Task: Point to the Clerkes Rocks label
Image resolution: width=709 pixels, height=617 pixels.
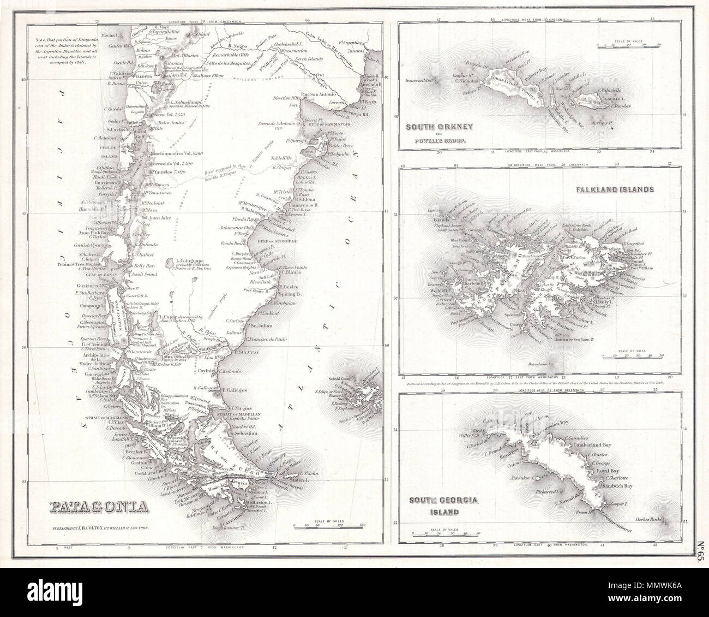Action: (652, 519)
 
